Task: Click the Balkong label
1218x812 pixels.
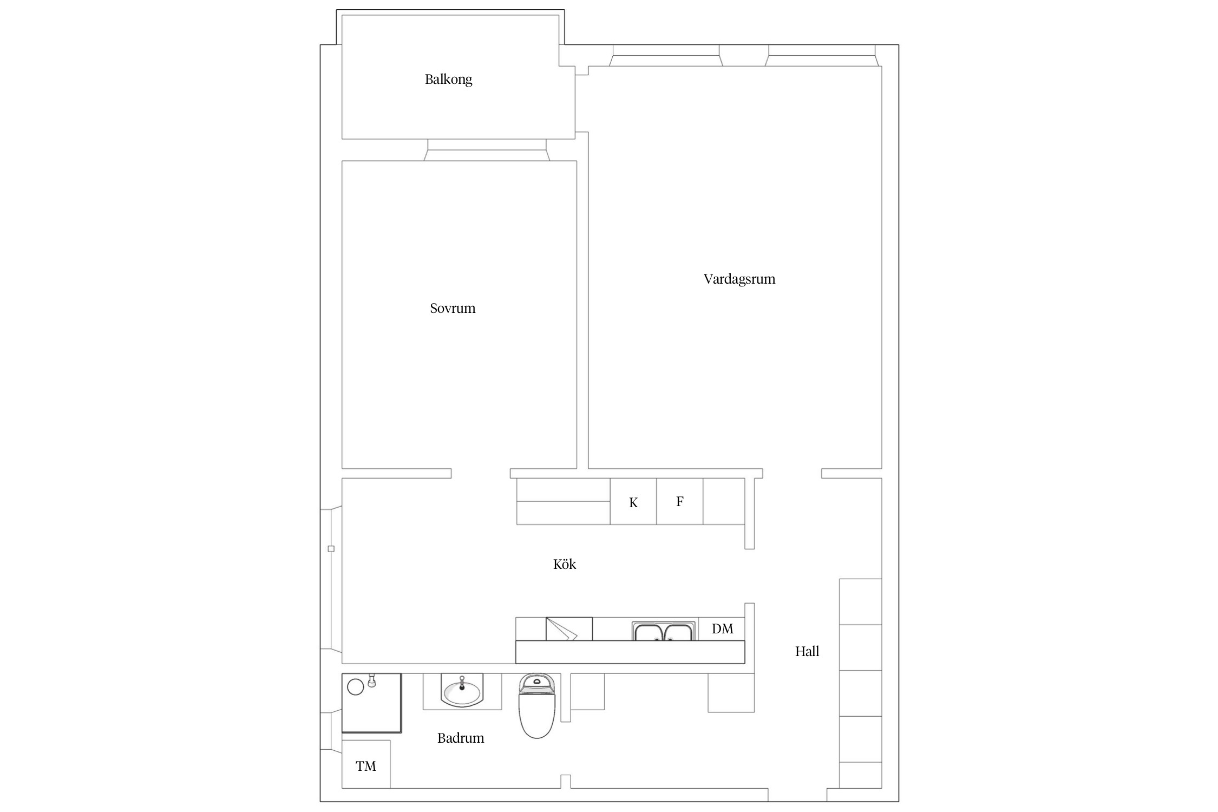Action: coord(448,80)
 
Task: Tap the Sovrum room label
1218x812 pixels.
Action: coord(453,308)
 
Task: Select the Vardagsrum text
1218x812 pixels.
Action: coord(739,279)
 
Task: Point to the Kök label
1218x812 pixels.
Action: coord(565,564)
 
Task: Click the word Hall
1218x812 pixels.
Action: coord(807,651)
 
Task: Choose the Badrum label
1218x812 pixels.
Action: coord(461,738)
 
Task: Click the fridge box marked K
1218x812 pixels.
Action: coord(633,501)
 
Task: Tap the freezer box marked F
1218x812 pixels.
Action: coord(680,501)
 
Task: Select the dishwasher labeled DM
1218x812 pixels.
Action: coord(722,628)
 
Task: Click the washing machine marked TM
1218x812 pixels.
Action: coord(366,764)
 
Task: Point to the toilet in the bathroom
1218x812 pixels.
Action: coord(537,705)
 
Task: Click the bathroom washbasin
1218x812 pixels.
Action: coord(462,691)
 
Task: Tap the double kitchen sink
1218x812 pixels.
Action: coord(663,631)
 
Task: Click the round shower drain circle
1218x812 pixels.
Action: coord(355,687)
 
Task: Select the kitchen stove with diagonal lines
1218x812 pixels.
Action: coord(569,629)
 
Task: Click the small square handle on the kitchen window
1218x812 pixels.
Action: coord(331,549)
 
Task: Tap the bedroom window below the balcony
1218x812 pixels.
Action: coord(487,150)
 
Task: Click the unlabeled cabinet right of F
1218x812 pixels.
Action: coord(724,501)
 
